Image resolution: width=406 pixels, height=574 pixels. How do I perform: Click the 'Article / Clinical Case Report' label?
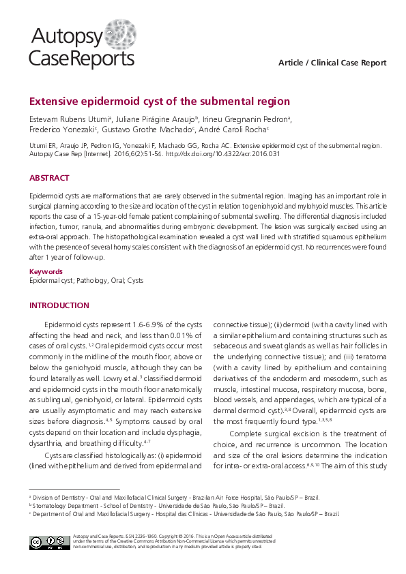click(332, 63)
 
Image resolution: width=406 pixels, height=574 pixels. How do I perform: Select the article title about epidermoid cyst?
click(160, 102)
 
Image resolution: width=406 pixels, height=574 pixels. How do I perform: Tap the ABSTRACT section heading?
click(49, 178)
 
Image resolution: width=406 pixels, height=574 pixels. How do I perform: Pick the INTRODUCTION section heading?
click(59, 305)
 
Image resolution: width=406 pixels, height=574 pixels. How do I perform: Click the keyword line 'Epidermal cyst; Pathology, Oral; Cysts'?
click(87, 280)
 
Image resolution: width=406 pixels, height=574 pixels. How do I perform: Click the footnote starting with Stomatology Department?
click(156, 506)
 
